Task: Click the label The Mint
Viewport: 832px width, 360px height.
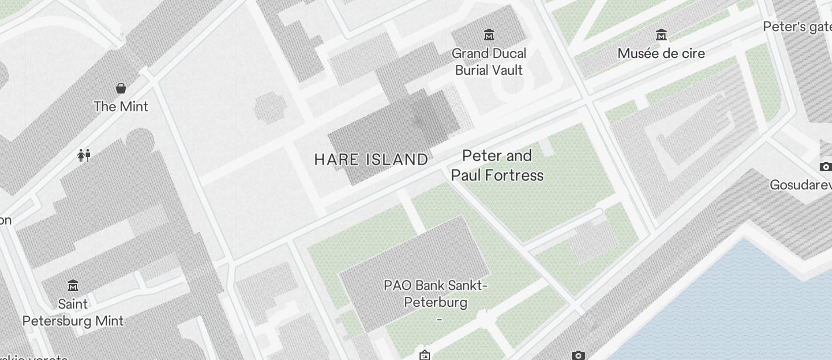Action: point(121,106)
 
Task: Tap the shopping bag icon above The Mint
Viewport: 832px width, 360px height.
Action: point(121,88)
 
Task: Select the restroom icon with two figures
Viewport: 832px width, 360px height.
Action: point(84,155)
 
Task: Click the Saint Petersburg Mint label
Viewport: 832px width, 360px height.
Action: point(73,313)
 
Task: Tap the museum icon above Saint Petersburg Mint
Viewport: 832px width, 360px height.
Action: point(73,286)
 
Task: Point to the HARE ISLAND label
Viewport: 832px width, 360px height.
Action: point(371,160)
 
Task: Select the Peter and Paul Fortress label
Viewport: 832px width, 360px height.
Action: point(497,165)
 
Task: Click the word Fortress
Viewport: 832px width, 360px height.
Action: point(516,175)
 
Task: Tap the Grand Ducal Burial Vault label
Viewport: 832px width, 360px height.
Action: point(489,61)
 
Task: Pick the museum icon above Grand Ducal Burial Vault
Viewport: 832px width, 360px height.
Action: point(489,35)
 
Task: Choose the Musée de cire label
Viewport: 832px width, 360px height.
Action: point(661,53)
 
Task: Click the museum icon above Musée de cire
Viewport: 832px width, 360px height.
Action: point(661,35)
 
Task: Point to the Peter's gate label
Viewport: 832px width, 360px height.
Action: point(797,26)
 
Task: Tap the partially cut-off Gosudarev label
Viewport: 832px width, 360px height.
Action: point(800,185)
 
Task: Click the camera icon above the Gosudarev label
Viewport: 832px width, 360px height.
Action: point(825,167)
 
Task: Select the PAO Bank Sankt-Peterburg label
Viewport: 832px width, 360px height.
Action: point(436,294)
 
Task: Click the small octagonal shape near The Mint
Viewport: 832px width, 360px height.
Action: point(269,109)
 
